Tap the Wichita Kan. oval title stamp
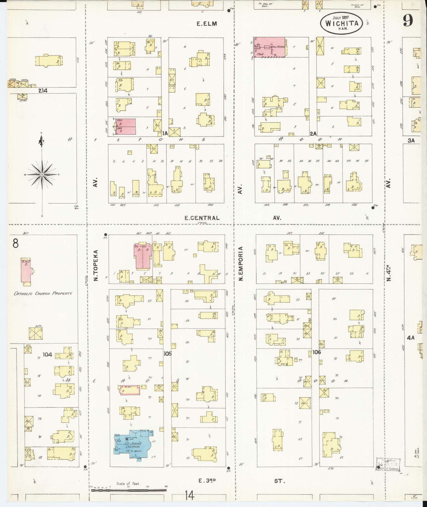(342, 23)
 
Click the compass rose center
(42, 175)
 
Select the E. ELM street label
(207, 24)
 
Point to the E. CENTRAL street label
(202, 218)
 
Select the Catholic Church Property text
(43, 294)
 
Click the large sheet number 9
(408, 20)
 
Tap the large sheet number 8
(16, 243)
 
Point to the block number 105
(168, 354)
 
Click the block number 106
(316, 352)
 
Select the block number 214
(43, 91)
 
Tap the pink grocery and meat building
(269, 47)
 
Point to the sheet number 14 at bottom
(190, 495)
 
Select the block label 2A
(313, 134)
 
